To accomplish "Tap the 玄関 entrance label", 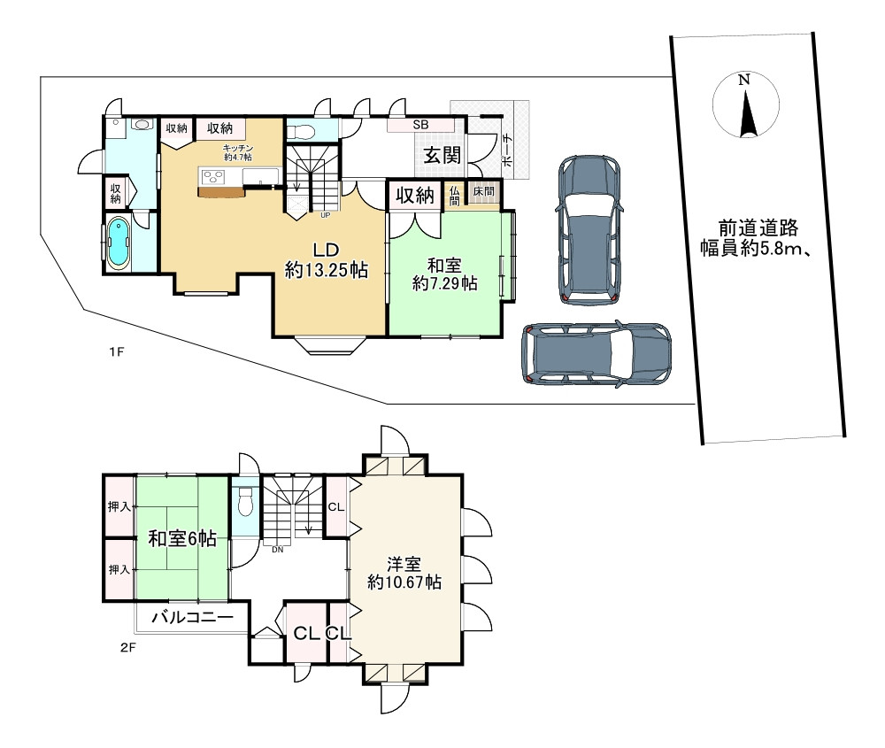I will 441,156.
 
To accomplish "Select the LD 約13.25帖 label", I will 326,260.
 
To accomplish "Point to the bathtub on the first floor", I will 118,242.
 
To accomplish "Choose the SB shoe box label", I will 420,126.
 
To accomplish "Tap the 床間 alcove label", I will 482,191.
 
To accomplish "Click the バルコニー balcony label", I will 192,617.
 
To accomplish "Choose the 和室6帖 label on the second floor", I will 181,538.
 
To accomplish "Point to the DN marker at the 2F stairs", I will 277,549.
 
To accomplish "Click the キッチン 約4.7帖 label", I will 237,151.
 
